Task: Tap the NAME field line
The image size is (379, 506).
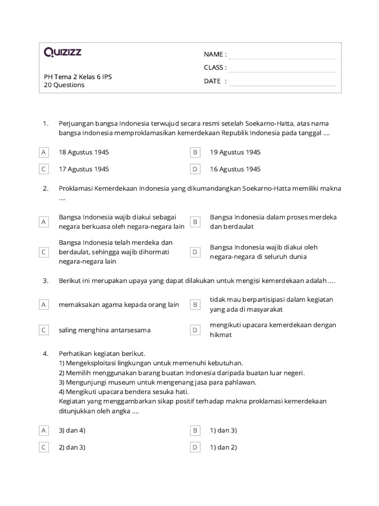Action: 282,54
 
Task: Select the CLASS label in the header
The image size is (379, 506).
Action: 215,68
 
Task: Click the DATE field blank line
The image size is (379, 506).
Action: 282,82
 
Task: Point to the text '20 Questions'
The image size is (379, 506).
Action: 64,85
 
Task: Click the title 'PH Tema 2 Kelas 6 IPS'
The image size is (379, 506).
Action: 77,77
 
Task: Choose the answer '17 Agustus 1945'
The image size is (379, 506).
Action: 84,169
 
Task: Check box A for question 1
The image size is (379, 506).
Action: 44,152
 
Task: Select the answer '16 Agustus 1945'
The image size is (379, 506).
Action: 235,169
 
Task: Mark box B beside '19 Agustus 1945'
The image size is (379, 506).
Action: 195,152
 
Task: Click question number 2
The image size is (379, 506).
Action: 45,188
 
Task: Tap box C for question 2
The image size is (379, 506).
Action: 44,252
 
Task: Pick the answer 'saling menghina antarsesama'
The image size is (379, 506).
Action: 105,330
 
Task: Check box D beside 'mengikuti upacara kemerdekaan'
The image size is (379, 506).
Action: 195,330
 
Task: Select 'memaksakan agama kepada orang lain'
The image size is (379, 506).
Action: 118,305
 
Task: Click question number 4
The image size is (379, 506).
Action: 45,354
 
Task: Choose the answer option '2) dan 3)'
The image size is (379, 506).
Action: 72,447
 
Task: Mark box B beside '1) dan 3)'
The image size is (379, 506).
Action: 195,430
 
